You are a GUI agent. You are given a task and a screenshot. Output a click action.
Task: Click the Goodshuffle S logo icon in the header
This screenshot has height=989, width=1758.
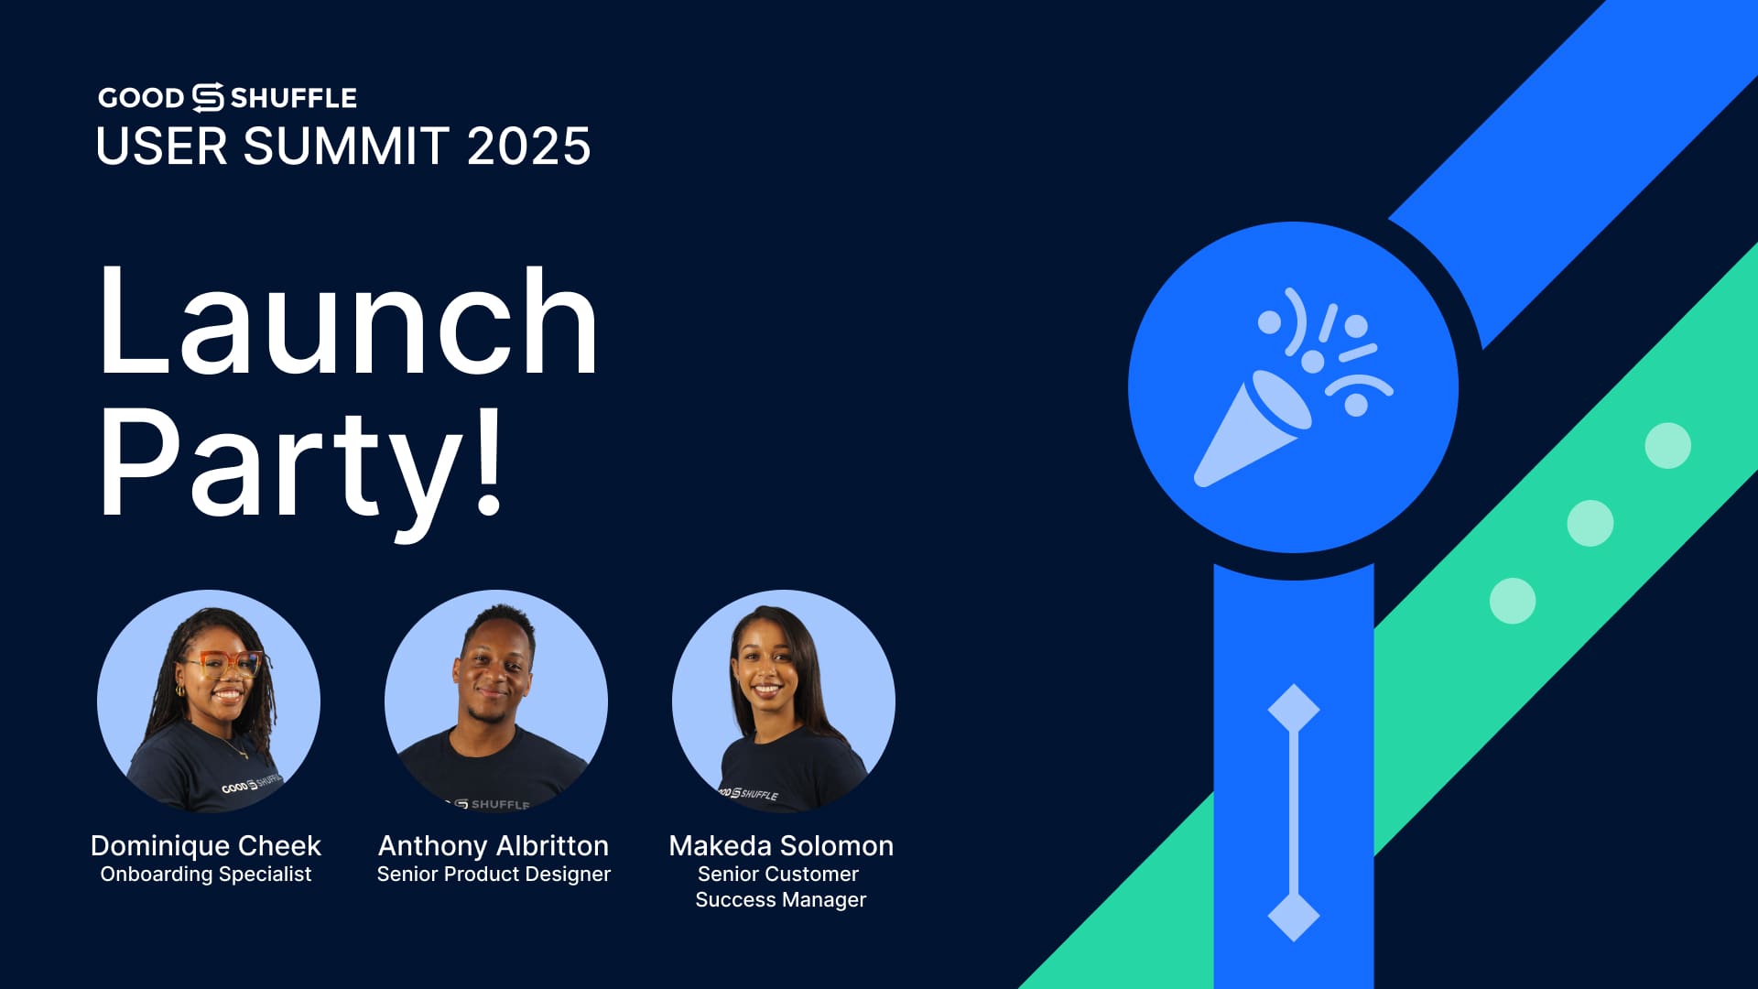coord(208,97)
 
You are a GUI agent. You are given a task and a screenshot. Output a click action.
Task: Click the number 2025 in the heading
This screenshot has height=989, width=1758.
coord(529,147)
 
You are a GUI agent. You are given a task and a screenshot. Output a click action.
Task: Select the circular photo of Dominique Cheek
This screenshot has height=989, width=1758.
coord(209,701)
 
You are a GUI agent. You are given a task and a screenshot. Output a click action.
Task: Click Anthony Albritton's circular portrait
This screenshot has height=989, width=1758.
coord(496,701)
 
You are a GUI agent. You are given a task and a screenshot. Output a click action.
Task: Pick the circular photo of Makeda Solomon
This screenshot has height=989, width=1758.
coord(784,701)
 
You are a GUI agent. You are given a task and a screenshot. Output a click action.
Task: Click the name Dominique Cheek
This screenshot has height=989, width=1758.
coord(206,845)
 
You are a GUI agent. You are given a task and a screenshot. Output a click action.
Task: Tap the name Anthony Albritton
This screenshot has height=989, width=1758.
coord(494,845)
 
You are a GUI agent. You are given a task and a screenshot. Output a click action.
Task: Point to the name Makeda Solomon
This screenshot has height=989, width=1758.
coord(781,845)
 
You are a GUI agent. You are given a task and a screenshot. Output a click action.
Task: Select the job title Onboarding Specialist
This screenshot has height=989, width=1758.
coord(206,875)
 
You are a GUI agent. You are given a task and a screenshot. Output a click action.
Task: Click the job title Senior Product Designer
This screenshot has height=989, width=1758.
coord(494,875)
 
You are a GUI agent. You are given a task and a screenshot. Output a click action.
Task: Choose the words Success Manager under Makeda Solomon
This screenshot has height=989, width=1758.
coord(781,900)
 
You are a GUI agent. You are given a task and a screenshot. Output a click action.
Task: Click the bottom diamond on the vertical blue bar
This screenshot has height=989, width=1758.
coord(1294,916)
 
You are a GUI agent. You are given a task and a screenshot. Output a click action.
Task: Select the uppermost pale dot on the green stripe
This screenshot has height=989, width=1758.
coord(1668,446)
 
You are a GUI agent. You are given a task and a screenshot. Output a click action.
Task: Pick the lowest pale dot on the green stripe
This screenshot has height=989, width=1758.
coord(1513,602)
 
